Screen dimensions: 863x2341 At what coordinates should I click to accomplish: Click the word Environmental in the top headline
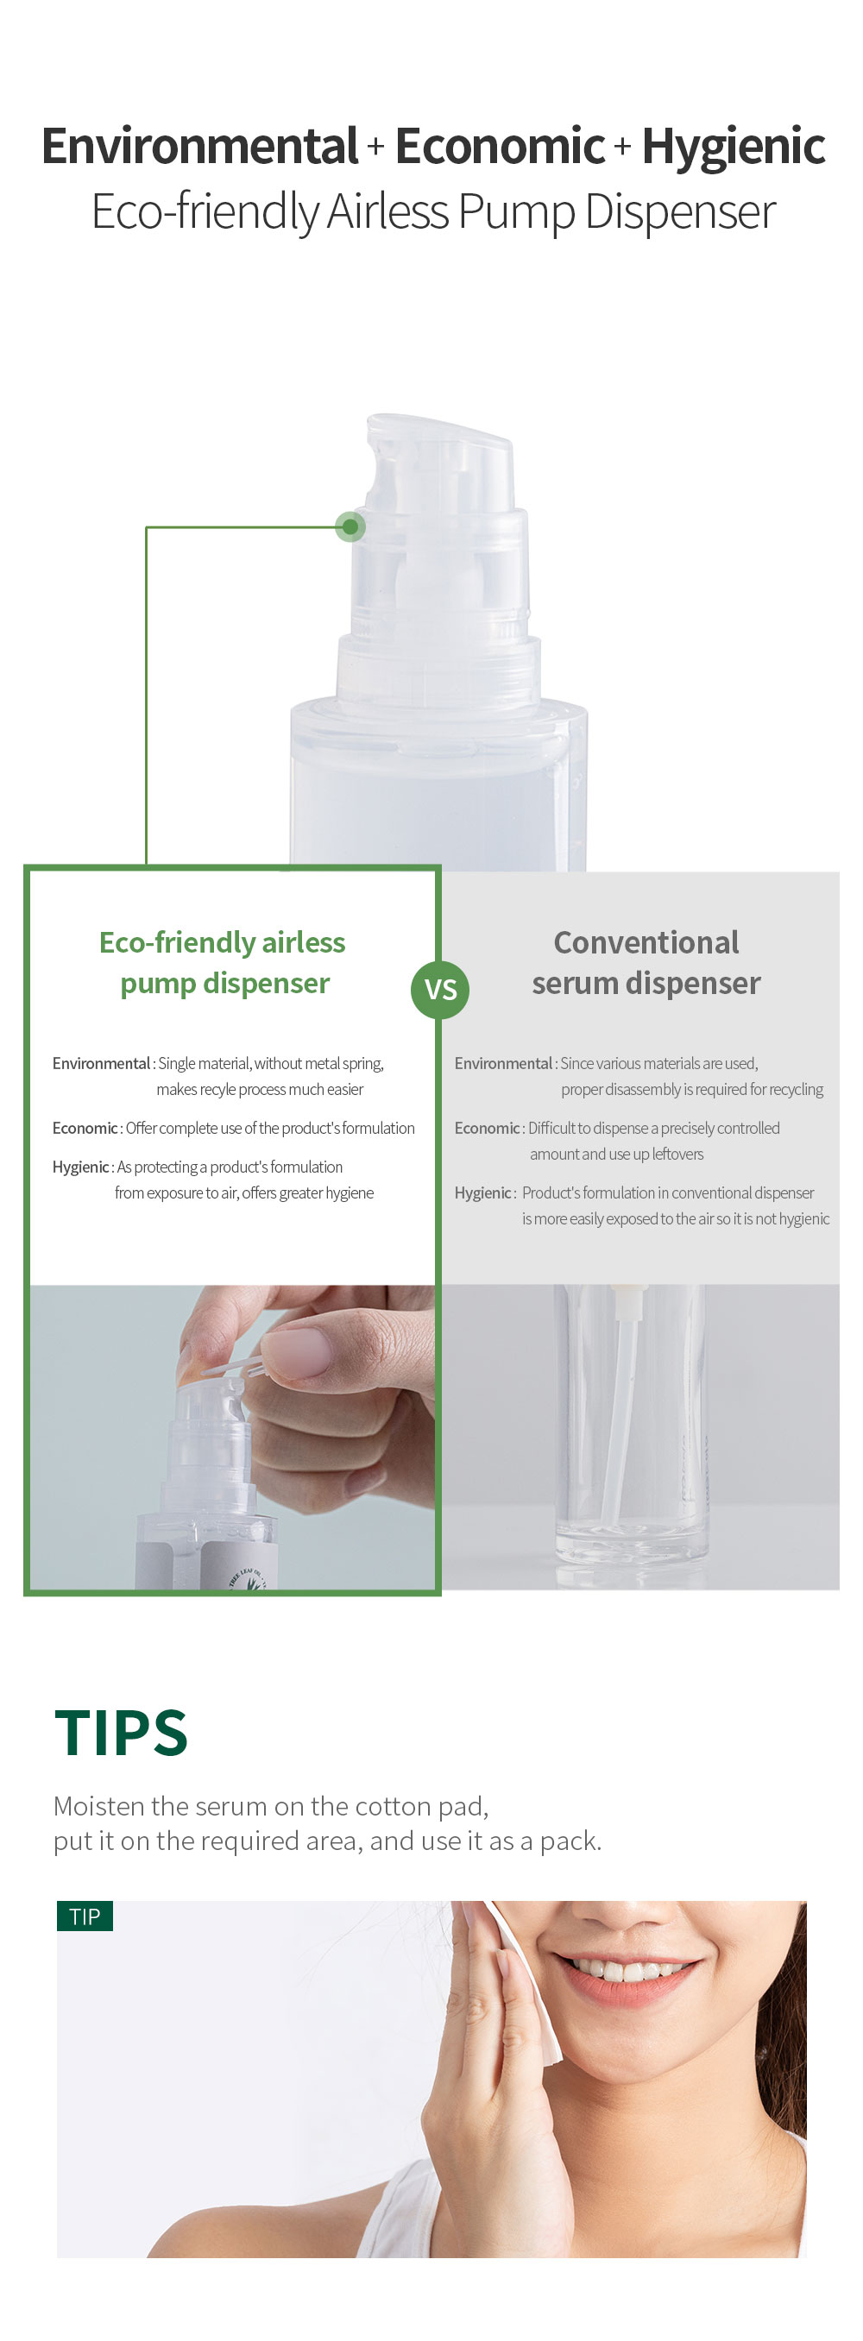(x=200, y=146)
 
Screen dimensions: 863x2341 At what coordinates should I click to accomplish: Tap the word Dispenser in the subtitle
(x=679, y=212)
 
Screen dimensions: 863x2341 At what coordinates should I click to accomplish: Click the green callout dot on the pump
(x=350, y=526)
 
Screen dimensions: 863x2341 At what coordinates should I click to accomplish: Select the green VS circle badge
(x=441, y=989)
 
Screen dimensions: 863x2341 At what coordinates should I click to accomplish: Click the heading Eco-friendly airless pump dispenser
(x=224, y=962)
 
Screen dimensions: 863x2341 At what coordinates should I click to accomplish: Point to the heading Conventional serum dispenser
(x=646, y=962)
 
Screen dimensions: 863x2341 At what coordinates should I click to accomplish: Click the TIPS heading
(x=121, y=1732)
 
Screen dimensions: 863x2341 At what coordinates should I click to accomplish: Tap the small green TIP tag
(x=85, y=1916)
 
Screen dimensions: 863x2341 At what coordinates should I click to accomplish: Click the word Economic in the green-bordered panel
(x=85, y=1128)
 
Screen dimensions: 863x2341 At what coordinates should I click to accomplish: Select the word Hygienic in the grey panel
(x=482, y=1193)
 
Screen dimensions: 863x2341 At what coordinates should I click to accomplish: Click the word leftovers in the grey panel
(x=677, y=1155)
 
